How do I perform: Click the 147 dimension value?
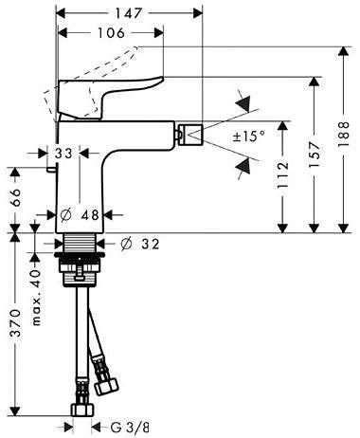pyautogui.click(x=128, y=13)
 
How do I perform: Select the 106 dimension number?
pyautogui.click(x=111, y=32)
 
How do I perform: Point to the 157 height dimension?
pyautogui.click(x=314, y=155)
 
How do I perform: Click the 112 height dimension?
pyautogui.click(x=283, y=174)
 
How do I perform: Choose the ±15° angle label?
pyautogui.click(x=249, y=137)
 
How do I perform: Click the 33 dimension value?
pyautogui.click(x=63, y=154)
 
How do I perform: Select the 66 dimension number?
pyautogui.click(x=15, y=197)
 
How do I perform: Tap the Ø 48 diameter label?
pyautogui.click(x=80, y=215)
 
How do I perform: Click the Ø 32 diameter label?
pyautogui.click(x=140, y=244)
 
